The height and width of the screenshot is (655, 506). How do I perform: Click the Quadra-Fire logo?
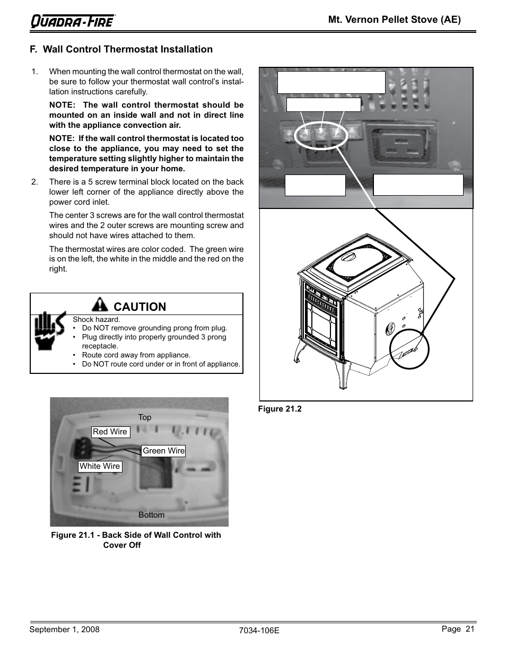tap(73, 21)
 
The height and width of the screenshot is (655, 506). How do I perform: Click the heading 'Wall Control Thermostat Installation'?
tap(128, 49)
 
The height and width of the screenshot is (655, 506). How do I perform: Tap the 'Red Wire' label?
tap(111, 432)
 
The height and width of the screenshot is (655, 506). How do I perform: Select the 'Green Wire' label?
tap(163, 451)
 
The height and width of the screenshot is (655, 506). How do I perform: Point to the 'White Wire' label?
tap(100, 466)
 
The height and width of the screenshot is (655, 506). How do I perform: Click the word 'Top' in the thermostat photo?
tap(145, 417)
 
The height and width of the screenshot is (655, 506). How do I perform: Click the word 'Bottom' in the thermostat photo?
tap(151, 515)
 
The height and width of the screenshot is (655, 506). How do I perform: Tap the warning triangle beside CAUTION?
tap(100, 304)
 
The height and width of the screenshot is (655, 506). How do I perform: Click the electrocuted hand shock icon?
tap(49, 330)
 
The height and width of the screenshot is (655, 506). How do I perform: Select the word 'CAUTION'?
tap(140, 307)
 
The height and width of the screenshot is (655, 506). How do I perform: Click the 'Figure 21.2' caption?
tap(280, 409)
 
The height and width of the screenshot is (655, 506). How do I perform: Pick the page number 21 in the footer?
tap(470, 629)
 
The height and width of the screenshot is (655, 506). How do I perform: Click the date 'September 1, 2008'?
tap(64, 630)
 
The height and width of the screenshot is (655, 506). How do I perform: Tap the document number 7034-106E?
tap(259, 631)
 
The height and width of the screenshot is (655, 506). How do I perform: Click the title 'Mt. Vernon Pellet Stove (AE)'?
tap(395, 20)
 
